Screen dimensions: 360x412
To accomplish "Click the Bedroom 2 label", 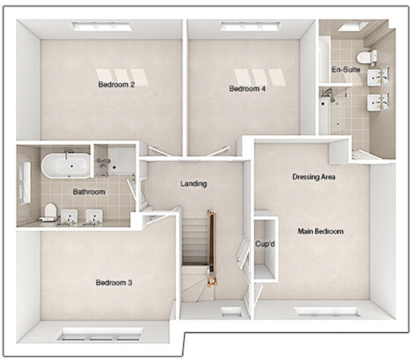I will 116,85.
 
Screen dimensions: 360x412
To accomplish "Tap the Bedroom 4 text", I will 247,89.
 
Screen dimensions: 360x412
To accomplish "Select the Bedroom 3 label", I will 114,283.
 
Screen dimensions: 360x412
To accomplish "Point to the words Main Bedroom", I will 320,231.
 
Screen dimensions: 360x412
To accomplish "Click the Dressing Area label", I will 314,177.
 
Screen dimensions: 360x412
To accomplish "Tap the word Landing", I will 194,184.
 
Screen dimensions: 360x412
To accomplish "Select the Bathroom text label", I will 89,192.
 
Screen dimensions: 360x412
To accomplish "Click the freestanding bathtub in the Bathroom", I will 66,164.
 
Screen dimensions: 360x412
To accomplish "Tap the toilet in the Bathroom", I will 50,211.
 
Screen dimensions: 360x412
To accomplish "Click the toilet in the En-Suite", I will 364,57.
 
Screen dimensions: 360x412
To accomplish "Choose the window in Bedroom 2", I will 102,27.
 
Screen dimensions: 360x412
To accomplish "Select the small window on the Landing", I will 230,312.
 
